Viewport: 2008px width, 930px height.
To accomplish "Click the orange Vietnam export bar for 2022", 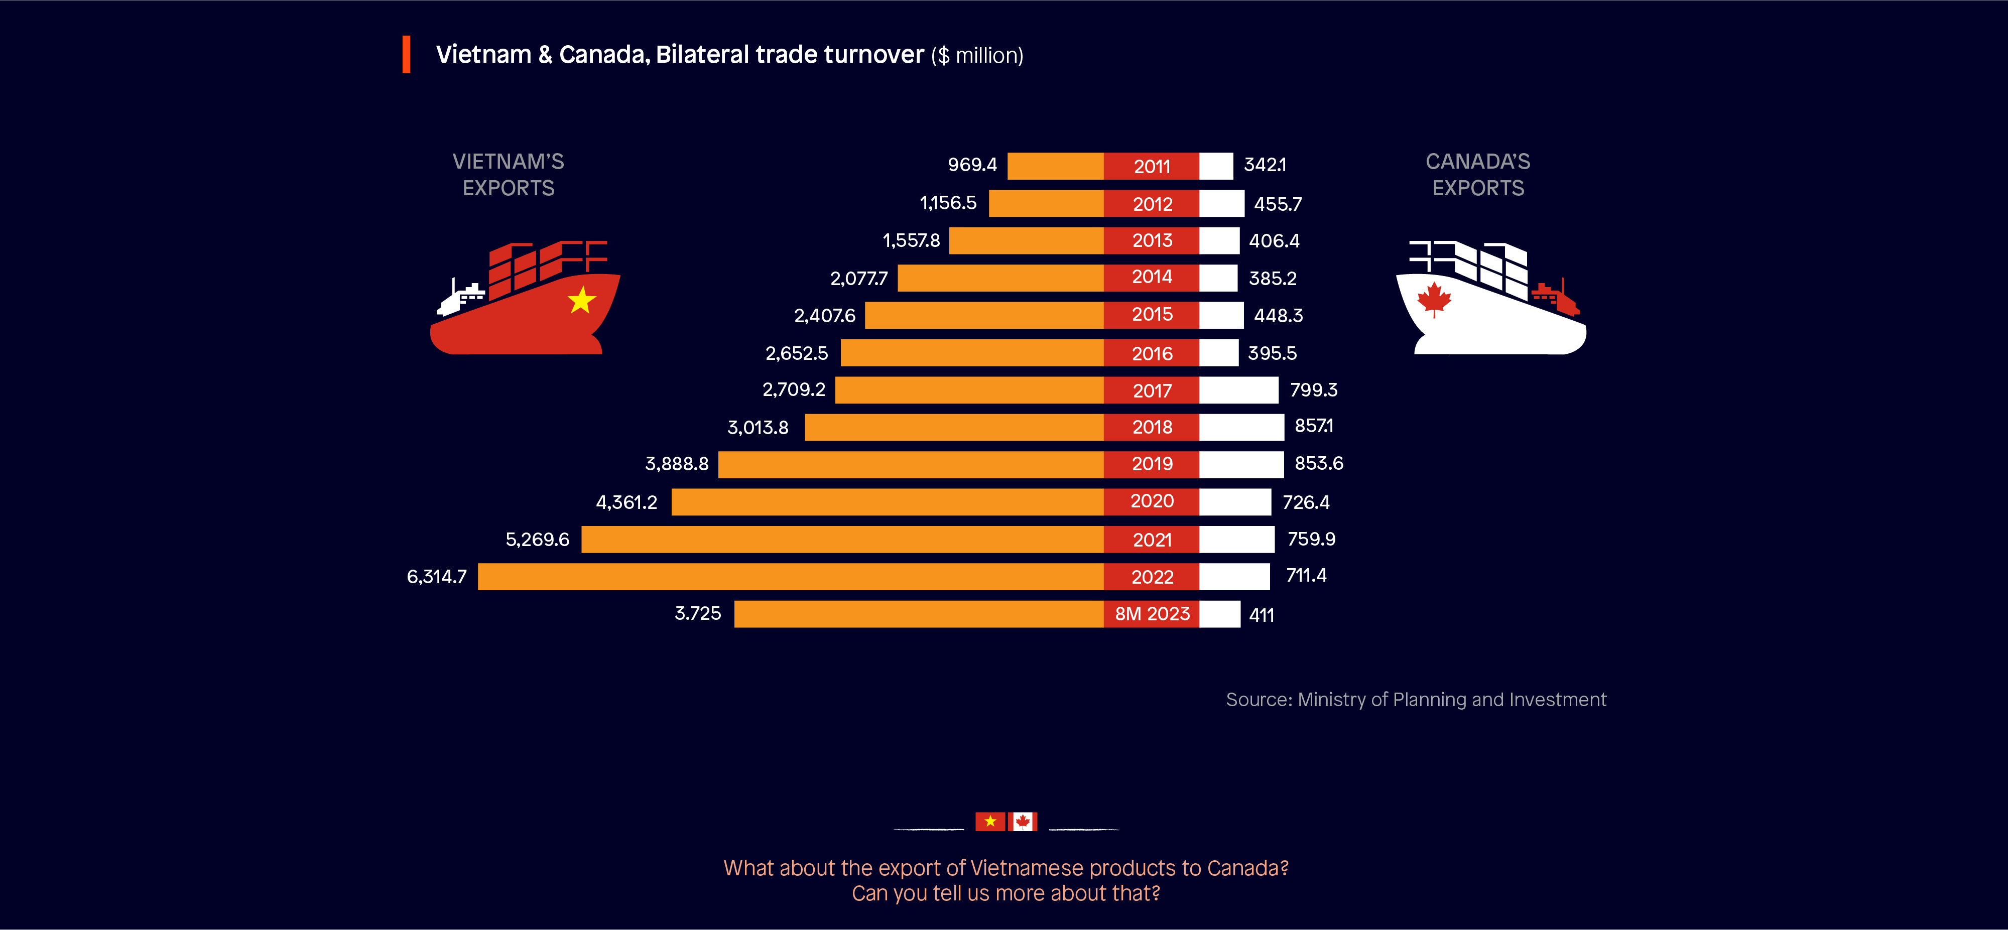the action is coord(791,577).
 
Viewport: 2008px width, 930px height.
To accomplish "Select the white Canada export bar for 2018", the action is coord(1241,427).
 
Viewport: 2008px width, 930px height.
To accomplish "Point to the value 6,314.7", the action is coord(437,577).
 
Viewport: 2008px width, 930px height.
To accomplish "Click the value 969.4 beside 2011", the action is coord(972,165).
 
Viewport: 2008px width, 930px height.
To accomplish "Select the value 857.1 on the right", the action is coord(1314,426).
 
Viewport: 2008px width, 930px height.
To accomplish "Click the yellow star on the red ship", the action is coord(581,300).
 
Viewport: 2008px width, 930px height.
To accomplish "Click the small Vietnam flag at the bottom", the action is coord(990,822).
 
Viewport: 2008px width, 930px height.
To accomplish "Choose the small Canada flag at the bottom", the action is coord(1023,822).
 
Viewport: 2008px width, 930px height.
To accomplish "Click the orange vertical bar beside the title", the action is coord(406,55).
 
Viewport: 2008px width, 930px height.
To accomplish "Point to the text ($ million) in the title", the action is coord(977,55).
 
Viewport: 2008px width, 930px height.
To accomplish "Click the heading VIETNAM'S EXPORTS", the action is coord(508,175).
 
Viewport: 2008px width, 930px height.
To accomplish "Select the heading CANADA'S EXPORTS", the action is coord(1478,175).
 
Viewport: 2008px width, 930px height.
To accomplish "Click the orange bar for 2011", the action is coord(1055,166).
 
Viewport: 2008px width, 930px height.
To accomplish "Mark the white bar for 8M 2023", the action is coord(1220,614).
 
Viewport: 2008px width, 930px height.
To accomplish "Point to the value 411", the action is coord(1261,615).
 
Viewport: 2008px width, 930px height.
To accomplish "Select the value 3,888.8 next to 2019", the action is coord(677,464).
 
